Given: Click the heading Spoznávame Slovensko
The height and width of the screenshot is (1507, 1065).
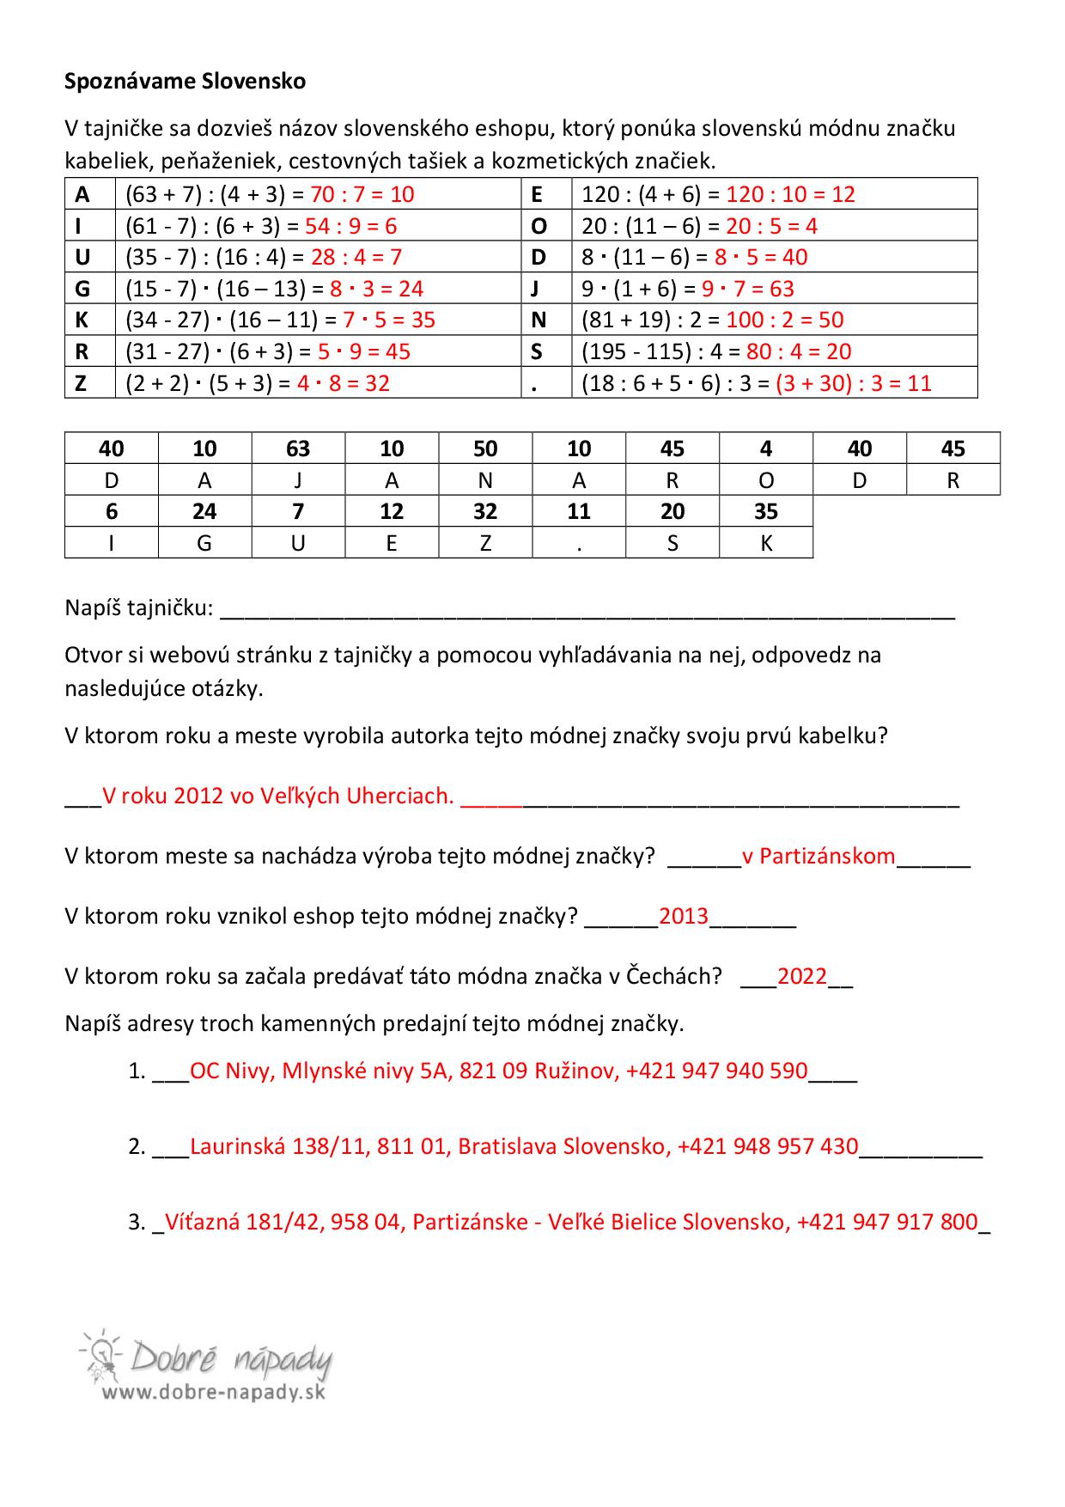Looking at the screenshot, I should pos(185,82).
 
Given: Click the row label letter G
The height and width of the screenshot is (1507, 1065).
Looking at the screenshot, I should pos(82,289).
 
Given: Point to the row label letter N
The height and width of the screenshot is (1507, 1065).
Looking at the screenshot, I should pos(539,320).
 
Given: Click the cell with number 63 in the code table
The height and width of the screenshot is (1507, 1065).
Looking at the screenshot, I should pos(298,448).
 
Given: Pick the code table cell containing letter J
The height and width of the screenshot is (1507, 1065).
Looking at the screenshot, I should pos(298,480).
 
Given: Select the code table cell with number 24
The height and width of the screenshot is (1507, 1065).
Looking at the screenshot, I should pos(204,511).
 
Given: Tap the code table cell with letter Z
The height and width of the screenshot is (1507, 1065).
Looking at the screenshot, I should pos(485,543).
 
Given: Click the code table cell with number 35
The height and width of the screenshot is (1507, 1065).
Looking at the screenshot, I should pos(765,511).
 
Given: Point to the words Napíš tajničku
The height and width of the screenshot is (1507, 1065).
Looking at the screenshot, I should pos(138,608).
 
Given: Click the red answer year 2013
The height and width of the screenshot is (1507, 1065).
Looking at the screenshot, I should pos(684,916).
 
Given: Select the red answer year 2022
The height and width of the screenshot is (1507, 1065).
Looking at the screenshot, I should pos(802,976).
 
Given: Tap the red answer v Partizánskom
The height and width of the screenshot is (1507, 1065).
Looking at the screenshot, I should pos(819,856).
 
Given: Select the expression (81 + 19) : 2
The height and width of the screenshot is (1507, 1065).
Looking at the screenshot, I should pos(642,320).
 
